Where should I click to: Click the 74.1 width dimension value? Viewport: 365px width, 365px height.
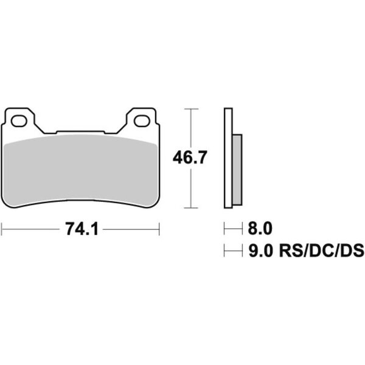82,229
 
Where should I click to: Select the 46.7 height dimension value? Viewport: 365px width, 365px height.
189,158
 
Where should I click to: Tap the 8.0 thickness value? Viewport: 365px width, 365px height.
260,229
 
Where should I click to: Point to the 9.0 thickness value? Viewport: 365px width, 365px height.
260,251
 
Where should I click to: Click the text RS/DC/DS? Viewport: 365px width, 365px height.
321,251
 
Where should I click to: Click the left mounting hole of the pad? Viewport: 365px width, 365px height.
19,121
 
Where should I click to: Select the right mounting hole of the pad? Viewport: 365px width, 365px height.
142,121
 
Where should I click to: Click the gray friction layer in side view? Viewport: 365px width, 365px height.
237,170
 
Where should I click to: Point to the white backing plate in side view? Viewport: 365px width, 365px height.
228,158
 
